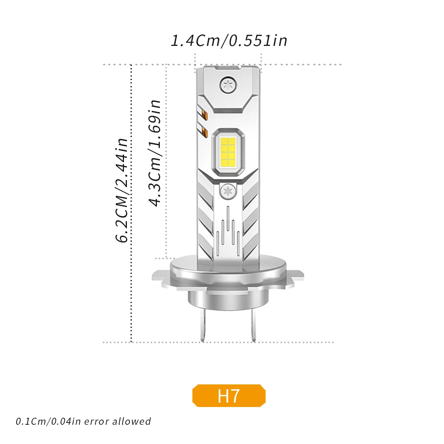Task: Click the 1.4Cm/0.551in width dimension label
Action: click(x=229, y=41)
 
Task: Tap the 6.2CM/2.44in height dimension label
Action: click(x=122, y=191)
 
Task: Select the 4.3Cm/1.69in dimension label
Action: click(x=155, y=153)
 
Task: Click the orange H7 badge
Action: click(x=229, y=396)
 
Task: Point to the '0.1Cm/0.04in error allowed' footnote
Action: click(x=83, y=421)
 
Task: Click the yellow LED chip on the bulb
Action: click(x=228, y=151)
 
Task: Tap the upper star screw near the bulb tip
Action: click(x=228, y=85)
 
